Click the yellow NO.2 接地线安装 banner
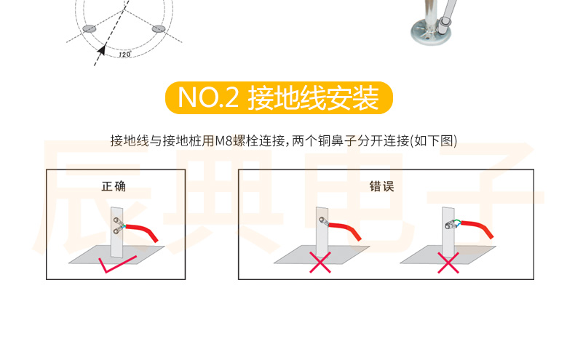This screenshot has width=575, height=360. (279, 97)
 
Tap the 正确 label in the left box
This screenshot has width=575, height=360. (114, 186)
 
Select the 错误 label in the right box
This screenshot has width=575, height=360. (381, 186)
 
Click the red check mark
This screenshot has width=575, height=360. (117, 264)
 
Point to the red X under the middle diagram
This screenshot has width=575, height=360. (320, 263)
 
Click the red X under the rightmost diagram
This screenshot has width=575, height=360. (448, 263)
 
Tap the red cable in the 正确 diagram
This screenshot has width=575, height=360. (142, 231)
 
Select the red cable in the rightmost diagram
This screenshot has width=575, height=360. (477, 228)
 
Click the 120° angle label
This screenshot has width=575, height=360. (124, 55)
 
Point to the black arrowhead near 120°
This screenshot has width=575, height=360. (102, 49)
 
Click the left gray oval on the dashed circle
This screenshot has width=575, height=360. (89, 28)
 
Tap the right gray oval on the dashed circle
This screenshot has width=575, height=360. (158, 28)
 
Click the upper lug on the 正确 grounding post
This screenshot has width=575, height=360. (117, 221)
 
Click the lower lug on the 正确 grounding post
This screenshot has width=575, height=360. (117, 231)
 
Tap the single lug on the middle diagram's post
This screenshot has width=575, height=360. (323, 220)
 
